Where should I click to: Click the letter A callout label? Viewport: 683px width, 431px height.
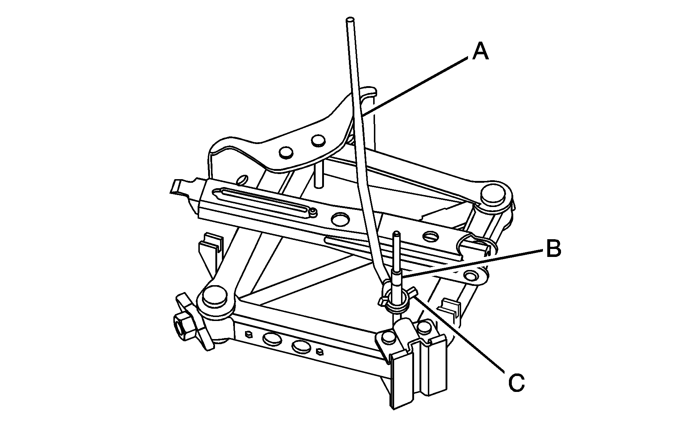[x=481, y=51]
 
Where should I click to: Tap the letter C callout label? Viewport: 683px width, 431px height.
[x=516, y=382]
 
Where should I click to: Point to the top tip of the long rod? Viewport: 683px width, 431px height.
[x=350, y=20]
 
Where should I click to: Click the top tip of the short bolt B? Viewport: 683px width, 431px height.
[x=397, y=235]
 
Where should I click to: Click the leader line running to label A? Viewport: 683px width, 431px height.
[x=416, y=85]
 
